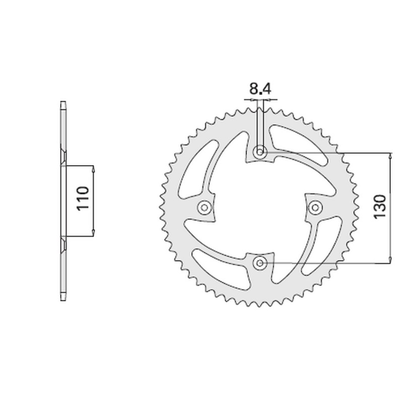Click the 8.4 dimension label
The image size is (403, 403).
pyautogui.click(x=260, y=90)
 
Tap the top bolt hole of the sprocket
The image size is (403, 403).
pyautogui.click(x=260, y=151)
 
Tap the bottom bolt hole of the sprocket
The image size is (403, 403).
pyautogui.click(x=260, y=262)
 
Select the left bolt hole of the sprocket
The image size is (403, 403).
pyautogui.click(x=205, y=207)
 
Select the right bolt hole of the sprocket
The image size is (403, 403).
pyautogui.click(x=315, y=207)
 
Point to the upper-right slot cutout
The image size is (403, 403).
pyautogui.click(x=302, y=151)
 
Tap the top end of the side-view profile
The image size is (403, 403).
pyautogui.click(x=63, y=104)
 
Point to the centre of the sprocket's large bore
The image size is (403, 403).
pyautogui.click(x=260, y=207)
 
